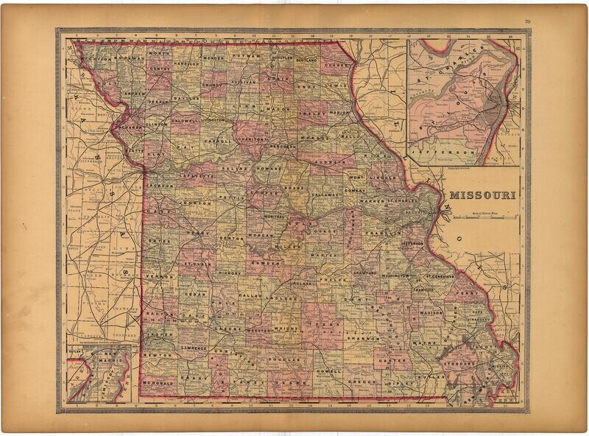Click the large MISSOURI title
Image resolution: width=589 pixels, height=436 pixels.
click(482, 196)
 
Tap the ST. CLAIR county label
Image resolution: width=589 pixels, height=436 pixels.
click(194, 263)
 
